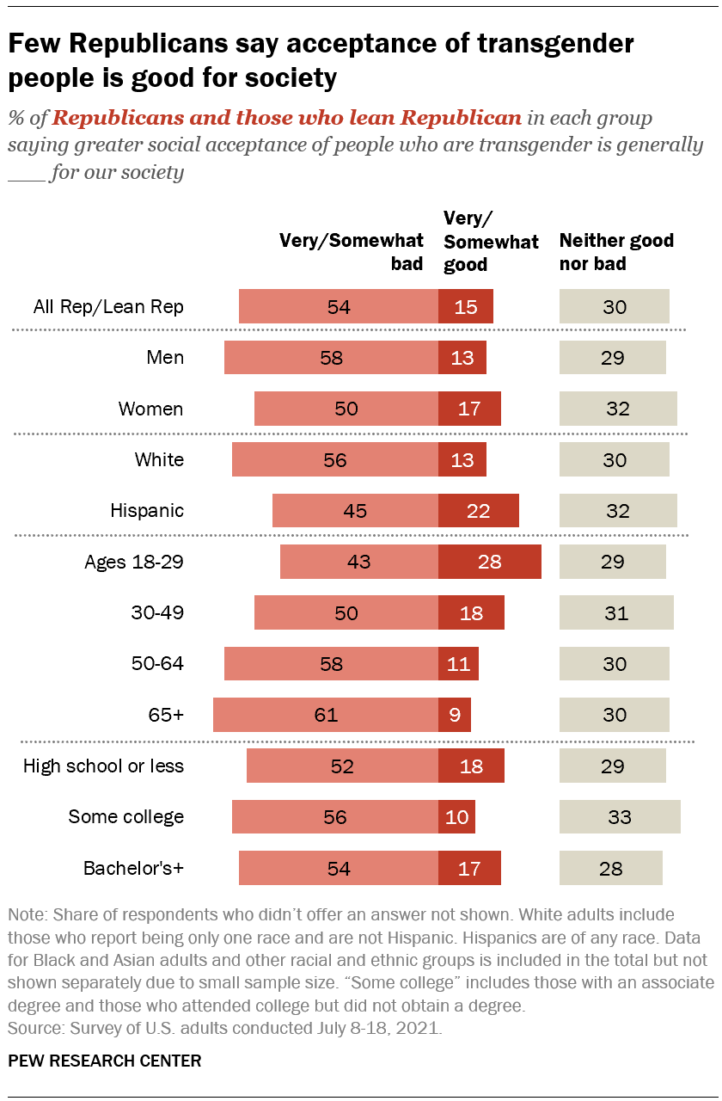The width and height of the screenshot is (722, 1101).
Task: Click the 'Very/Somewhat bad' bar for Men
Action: (x=331, y=358)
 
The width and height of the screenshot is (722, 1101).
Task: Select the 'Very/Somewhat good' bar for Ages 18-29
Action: (x=489, y=562)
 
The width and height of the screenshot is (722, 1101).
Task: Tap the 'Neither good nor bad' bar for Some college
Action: (x=620, y=817)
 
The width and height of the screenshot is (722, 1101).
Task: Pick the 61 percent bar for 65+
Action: (x=326, y=715)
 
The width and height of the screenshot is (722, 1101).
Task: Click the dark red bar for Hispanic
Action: (x=478, y=511)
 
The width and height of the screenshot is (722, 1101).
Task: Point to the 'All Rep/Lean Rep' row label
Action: (x=108, y=307)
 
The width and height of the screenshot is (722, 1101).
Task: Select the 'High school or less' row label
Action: (x=103, y=766)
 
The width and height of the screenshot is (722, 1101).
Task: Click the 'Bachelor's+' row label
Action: (x=133, y=868)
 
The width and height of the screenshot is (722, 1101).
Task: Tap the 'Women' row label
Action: (x=150, y=409)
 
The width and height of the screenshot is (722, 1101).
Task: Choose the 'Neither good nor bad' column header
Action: (x=616, y=252)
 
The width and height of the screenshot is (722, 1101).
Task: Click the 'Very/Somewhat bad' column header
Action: (x=352, y=252)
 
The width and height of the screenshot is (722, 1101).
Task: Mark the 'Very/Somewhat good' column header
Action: (x=491, y=242)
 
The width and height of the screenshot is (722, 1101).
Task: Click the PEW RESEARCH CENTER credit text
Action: (x=105, y=1061)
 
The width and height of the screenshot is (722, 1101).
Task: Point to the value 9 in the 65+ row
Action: (x=454, y=715)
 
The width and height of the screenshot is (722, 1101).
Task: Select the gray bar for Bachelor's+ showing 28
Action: (x=611, y=868)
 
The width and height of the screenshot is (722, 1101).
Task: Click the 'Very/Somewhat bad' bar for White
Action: (x=335, y=460)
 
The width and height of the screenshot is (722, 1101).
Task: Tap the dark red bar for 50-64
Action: (x=458, y=664)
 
